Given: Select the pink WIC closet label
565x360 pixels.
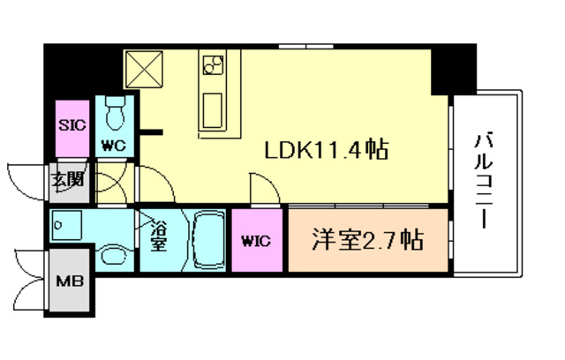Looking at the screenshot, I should tap(256, 240).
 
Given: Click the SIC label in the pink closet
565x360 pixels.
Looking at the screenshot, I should tap(72, 124).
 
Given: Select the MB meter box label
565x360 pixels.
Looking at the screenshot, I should tap(69, 283).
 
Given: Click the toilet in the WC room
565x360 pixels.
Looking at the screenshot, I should tap(113, 113).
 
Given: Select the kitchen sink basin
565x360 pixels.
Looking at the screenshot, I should tap(215, 110).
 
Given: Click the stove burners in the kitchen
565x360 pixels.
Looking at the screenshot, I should tap(214, 65).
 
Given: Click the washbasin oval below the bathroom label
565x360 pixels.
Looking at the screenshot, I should tap(114, 256).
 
